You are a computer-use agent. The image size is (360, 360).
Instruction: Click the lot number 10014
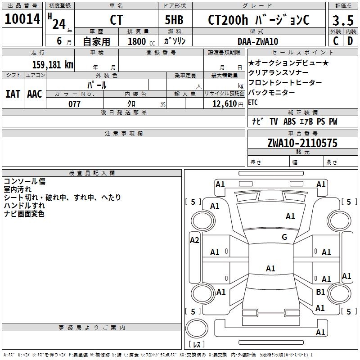coord(22,19)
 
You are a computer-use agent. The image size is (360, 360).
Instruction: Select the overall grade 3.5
coord(343,20)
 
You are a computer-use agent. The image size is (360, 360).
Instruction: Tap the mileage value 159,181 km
coord(53,64)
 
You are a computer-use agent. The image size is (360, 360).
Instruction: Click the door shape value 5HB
coord(174,20)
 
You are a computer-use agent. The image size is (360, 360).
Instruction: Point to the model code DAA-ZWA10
coord(258,41)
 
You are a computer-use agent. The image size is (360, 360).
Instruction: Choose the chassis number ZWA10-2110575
coord(302,143)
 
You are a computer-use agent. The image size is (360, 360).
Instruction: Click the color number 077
coord(74,104)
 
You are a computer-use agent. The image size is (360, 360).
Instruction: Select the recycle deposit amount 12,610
coord(224,104)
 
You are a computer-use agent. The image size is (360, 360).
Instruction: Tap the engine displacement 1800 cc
coord(141,41)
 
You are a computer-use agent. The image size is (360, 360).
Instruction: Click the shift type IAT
coord(13,94)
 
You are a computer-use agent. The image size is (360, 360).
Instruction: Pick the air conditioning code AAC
coord(35,94)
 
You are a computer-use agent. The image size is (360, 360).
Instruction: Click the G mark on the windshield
coord(284,237)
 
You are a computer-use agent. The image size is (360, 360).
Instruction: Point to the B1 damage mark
coord(320,292)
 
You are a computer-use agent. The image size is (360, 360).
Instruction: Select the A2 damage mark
coord(194,240)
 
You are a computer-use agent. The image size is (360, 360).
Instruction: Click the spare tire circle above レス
coord(197,328)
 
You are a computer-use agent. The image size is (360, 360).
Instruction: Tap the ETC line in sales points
coord(253,102)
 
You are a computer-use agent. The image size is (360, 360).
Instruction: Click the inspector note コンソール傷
coord(25,181)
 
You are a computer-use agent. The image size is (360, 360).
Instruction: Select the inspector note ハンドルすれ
coord(24,206)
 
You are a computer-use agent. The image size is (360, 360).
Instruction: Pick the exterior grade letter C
coord(336,41)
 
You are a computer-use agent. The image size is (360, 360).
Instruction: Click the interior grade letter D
coord(350,41)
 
